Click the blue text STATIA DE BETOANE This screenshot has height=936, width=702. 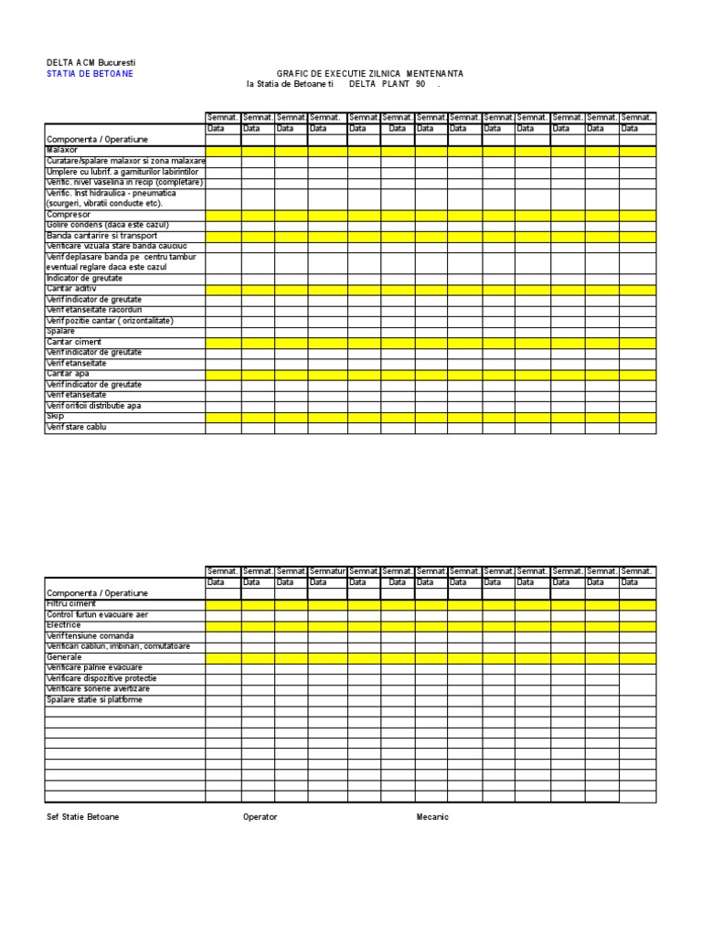pos(90,73)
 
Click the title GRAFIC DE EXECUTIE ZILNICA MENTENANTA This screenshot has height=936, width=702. pos(369,73)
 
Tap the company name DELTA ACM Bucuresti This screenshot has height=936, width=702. pos(90,62)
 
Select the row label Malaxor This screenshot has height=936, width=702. pos(62,150)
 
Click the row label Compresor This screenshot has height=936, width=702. pos(68,215)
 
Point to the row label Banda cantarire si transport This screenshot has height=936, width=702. pos(101,236)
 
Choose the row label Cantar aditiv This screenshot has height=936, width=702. pos(71,289)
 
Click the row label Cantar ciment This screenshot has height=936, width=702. pos(74,342)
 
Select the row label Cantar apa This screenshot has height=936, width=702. pos(69,374)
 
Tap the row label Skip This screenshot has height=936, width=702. pos(55,416)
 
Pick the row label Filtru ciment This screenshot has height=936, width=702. pos(71,604)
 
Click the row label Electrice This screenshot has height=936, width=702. pos(64,625)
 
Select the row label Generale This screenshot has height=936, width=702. pos(64,657)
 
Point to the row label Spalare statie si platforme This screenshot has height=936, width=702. pos(94,700)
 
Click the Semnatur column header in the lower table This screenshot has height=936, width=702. pos(327,571)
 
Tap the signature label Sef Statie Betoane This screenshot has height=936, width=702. pos(82,817)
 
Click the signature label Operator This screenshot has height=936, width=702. pos(260,817)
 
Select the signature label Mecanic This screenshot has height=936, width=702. pos(432,817)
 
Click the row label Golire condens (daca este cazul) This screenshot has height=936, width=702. pos(108,225)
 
